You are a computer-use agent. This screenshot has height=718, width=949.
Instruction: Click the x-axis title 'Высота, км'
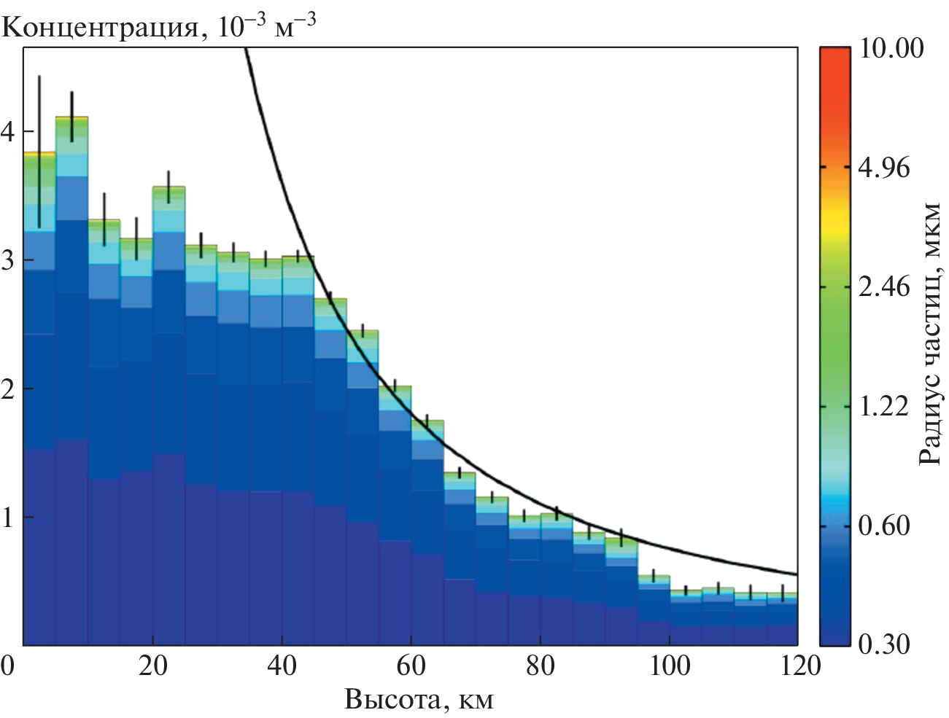coord(419,699)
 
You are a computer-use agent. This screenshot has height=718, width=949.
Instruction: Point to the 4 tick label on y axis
coord(8,132)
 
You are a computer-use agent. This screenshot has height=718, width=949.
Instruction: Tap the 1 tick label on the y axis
coord(8,518)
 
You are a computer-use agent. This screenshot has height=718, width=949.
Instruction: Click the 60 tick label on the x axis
coord(411,666)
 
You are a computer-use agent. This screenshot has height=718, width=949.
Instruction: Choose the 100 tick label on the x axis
coord(670,666)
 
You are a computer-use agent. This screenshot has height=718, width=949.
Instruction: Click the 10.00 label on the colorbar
coord(891,48)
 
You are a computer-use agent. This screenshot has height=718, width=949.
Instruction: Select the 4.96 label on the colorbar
coord(884,168)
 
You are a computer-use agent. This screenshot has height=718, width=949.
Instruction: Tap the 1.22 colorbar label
coord(884,406)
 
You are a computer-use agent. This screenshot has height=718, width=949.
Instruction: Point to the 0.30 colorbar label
coord(884,644)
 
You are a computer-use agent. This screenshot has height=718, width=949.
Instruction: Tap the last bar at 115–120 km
coord(783,620)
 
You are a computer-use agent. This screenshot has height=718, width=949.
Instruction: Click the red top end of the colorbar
coord(835,58)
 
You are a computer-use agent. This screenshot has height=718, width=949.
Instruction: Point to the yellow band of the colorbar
coord(835,219)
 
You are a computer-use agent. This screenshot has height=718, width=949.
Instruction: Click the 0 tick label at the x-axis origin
coord(8,666)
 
